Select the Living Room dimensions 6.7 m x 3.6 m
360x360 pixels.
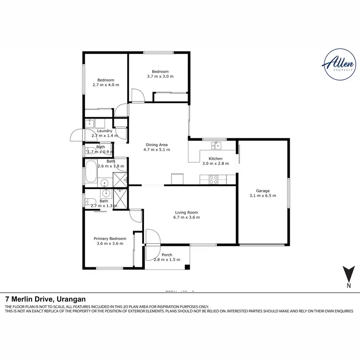click(x=186, y=217)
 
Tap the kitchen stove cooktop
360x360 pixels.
click(x=213, y=180)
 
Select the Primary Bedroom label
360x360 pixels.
click(x=110, y=239)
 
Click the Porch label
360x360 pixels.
click(x=167, y=254)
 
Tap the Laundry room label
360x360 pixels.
click(x=104, y=131)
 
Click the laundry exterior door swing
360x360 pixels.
click(x=77, y=137)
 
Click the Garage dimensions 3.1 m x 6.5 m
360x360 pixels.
click(x=263, y=195)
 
